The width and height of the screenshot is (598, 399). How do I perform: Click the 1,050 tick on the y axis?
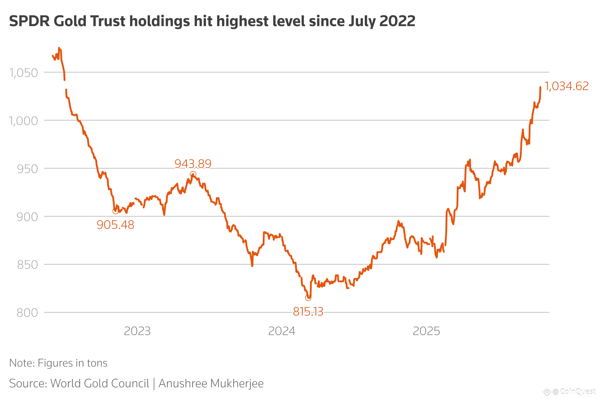[24, 73]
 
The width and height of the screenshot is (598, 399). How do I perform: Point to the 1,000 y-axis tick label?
[24, 121]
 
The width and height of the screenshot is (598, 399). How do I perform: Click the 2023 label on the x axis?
[137, 331]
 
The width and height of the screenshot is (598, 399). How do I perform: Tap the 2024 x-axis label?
[282, 331]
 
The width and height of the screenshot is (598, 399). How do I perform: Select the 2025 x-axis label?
[426, 331]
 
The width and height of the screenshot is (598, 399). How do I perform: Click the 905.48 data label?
[116, 225]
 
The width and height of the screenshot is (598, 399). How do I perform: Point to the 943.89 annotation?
[193, 164]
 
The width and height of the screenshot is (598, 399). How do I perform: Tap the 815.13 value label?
[308, 312]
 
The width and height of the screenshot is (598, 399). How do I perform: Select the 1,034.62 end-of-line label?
[566, 86]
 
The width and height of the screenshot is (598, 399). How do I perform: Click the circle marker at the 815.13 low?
[308, 298]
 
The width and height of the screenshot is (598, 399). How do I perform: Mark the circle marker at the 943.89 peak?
[193, 174]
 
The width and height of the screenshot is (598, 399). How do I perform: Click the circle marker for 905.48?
[115, 211]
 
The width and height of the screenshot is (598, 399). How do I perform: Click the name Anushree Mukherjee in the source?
[211, 384]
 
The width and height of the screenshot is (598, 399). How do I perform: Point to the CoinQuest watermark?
[573, 391]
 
